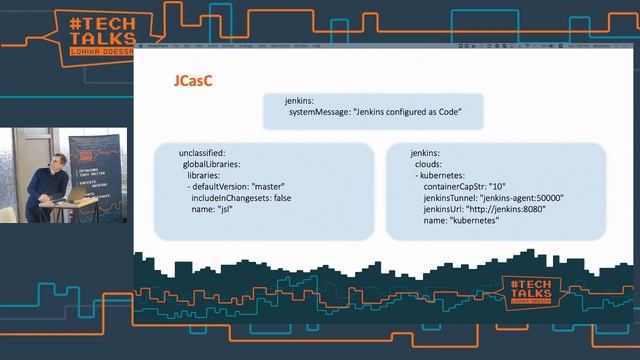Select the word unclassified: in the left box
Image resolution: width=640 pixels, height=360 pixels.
(x=205, y=152)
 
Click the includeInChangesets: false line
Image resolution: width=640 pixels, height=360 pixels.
(x=240, y=198)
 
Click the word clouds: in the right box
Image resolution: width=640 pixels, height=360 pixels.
(x=428, y=163)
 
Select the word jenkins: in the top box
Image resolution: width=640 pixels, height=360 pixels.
(x=298, y=102)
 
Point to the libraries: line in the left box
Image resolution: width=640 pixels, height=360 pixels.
(x=206, y=175)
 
